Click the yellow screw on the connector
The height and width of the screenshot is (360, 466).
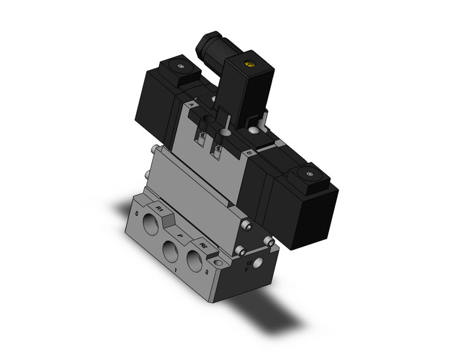point(249,62)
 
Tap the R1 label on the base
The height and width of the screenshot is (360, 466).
point(160,210)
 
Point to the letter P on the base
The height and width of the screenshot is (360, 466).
point(179,235)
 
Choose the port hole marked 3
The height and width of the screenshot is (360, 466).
point(196,259)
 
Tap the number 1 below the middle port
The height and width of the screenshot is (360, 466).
point(176,269)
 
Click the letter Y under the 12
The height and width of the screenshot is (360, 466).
point(247,268)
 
